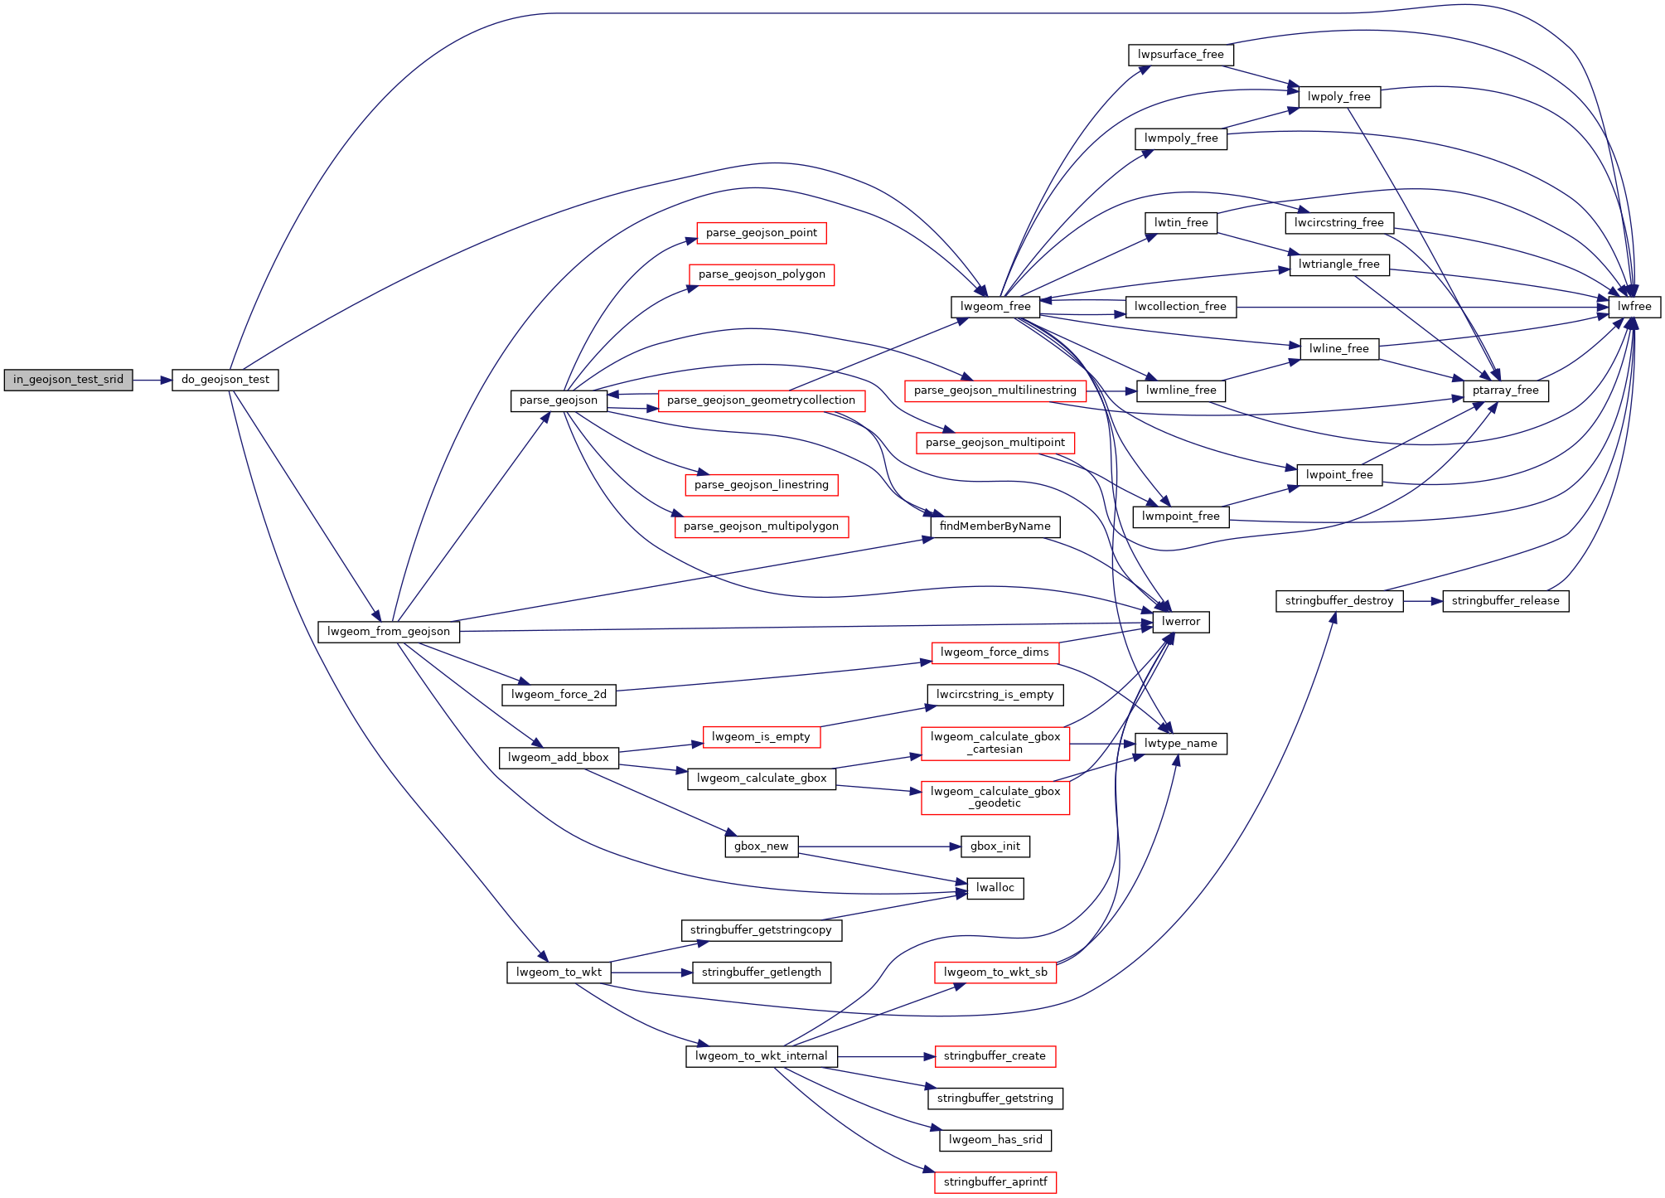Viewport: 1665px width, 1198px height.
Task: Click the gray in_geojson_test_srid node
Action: [68, 380]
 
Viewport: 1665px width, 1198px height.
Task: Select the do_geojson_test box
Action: [225, 380]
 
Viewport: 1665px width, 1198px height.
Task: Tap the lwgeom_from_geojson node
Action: [388, 632]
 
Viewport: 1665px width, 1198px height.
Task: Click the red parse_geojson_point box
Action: [761, 233]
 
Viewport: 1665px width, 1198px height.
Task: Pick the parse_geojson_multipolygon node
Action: [761, 526]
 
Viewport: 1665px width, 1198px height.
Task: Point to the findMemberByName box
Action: [995, 526]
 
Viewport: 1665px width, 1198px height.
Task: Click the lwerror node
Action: [1180, 622]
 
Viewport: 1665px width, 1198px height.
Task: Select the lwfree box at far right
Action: [1634, 307]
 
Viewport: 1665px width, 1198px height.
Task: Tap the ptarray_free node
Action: [1505, 390]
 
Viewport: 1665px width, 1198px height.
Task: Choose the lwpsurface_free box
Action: [1180, 55]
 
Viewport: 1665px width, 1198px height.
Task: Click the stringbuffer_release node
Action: [1505, 601]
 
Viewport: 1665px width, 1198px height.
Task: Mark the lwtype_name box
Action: [1180, 744]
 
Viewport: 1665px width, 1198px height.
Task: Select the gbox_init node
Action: [995, 846]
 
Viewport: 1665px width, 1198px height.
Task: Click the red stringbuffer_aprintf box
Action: [995, 1182]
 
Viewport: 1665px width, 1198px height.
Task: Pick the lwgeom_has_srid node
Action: [995, 1140]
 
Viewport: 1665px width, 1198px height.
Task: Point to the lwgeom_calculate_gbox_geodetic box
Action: [995, 798]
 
